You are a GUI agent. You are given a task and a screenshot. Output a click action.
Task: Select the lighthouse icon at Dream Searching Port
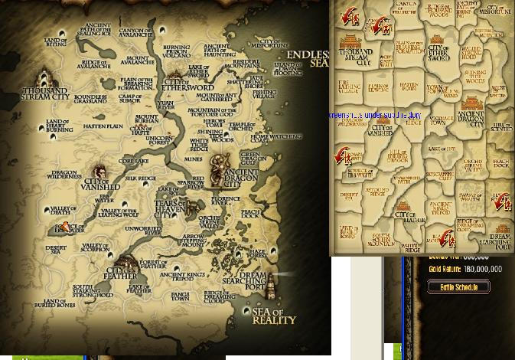pos(269,286)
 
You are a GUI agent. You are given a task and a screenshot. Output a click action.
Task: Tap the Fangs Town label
pos(181,296)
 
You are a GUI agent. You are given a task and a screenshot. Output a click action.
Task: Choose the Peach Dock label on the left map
pos(250,214)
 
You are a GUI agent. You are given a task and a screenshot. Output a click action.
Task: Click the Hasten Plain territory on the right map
pos(409,86)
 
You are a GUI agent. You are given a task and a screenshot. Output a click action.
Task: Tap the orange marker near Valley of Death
pos(67,227)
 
